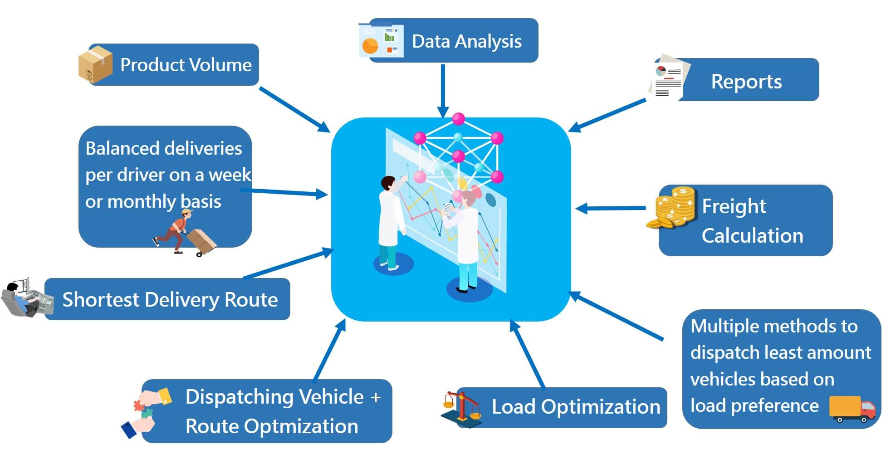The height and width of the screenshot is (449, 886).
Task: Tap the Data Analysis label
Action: [466, 41]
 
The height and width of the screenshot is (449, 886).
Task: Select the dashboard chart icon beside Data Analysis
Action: [381, 41]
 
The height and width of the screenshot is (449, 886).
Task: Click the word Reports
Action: [746, 82]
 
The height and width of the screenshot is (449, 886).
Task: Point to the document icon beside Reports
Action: [668, 78]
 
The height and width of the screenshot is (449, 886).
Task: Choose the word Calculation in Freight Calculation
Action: [752, 236]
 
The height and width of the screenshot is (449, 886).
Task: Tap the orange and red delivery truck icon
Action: [852, 408]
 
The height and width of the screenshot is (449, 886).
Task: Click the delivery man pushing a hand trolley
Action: [184, 232]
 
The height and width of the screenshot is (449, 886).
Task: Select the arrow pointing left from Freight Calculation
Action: [610, 209]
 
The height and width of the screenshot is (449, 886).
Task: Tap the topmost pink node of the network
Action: [459, 119]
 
